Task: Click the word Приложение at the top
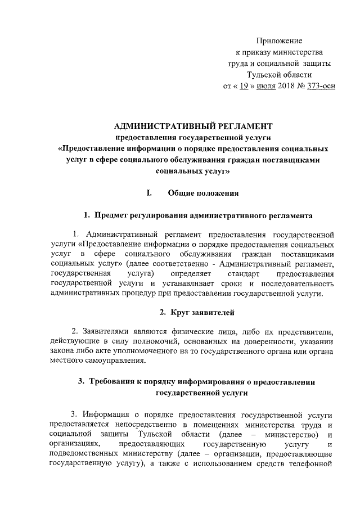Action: [x=280, y=41]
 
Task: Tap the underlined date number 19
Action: [x=244, y=86]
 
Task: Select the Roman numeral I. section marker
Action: [x=149, y=193]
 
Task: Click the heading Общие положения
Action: [x=203, y=193]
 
